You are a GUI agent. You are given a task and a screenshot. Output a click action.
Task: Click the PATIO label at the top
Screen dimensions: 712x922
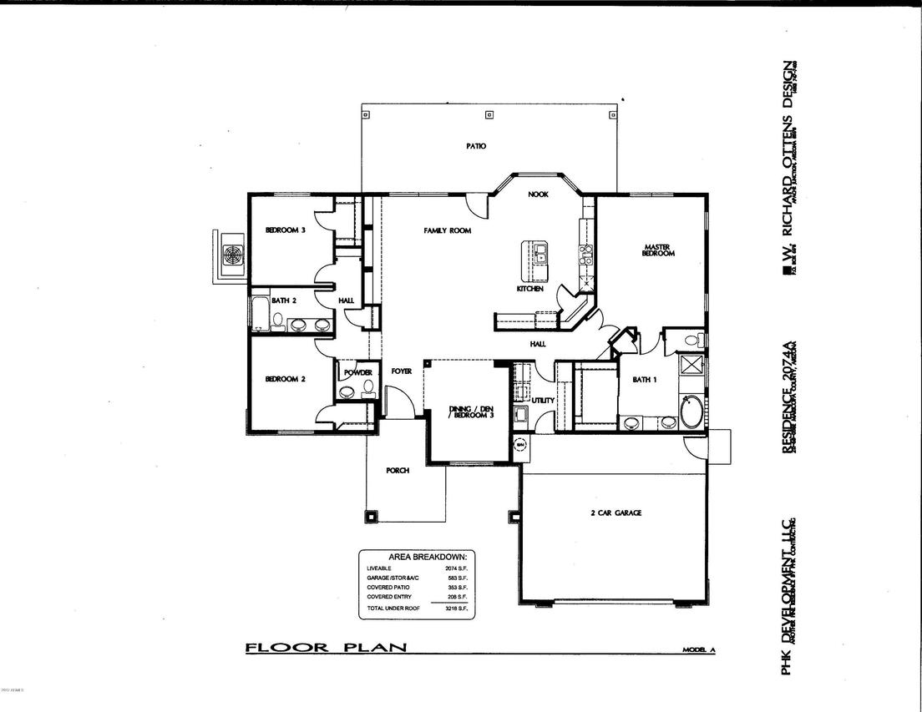pyautogui.click(x=476, y=146)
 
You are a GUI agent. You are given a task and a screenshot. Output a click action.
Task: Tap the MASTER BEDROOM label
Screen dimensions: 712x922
pyautogui.click(x=657, y=250)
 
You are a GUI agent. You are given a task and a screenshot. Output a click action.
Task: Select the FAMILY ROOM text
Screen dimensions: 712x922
pyautogui.click(x=447, y=230)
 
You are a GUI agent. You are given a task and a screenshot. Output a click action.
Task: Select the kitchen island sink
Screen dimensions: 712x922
pyautogui.click(x=540, y=253)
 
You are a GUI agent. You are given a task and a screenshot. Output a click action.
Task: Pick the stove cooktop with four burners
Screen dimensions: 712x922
pyautogui.click(x=585, y=254)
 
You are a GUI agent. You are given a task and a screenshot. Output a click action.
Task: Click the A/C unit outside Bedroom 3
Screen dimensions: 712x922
pyautogui.click(x=231, y=255)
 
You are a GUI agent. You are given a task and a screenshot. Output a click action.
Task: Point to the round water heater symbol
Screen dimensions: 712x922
pyautogui.click(x=519, y=445)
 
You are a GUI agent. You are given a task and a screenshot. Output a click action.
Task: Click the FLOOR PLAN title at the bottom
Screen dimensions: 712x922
pyautogui.click(x=325, y=647)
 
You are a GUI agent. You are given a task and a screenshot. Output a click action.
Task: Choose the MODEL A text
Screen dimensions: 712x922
pyautogui.click(x=698, y=649)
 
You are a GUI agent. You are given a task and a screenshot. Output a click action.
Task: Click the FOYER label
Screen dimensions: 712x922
pyautogui.click(x=402, y=371)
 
